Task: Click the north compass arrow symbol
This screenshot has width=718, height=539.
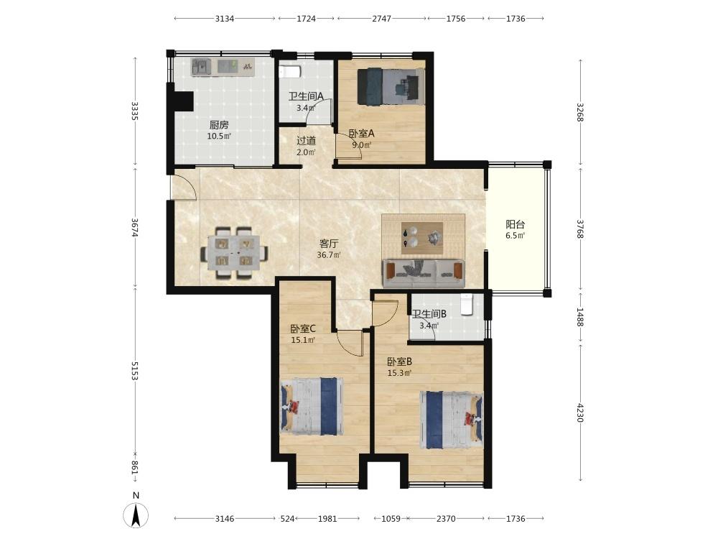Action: click(x=136, y=515)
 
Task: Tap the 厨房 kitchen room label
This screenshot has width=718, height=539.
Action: click(x=219, y=124)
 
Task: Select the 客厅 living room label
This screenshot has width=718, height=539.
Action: click(x=328, y=244)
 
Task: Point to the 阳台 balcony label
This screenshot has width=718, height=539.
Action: click(x=515, y=224)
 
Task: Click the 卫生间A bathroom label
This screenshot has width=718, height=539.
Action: click(x=306, y=96)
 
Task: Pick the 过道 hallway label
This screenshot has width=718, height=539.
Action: click(x=306, y=141)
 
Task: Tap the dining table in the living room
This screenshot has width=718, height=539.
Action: click(x=234, y=252)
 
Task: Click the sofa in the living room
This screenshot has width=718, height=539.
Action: click(x=424, y=273)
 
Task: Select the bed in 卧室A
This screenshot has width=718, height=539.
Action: click(x=391, y=86)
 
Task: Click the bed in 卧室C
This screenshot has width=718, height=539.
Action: click(x=312, y=407)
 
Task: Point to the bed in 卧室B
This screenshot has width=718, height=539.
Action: click(x=452, y=420)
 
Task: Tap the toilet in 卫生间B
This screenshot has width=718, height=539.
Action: click(x=466, y=304)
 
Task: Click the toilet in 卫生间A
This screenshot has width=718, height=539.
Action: click(x=289, y=73)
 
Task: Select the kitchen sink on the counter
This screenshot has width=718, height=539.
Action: click(x=200, y=68)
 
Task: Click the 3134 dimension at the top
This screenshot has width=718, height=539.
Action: click(x=224, y=19)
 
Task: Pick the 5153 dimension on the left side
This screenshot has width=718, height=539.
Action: click(x=135, y=370)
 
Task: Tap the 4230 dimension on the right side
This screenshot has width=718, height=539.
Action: click(x=580, y=413)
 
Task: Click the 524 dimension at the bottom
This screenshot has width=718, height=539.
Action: click(x=287, y=519)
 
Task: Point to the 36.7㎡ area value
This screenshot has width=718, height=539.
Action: click(x=328, y=255)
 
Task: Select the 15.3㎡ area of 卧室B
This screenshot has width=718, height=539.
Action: click(x=399, y=373)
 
